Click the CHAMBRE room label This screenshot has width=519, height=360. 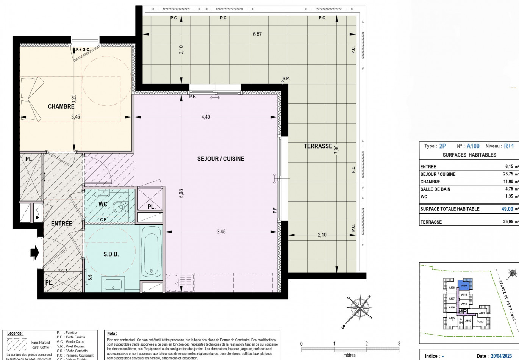click(x=61, y=106)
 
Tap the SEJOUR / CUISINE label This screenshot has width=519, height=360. click(x=220, y=159)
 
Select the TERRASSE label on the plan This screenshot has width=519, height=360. click(x=318, y=146)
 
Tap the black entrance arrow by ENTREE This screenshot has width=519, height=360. click(x=34, y=252)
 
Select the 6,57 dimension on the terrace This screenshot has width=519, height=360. click(x=257, y=34)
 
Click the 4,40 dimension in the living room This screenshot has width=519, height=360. click(x=205, y=117)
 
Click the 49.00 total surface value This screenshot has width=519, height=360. click(x=507, y=209)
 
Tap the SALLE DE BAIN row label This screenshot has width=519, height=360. click(x=435, y=189)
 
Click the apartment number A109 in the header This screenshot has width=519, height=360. click(x=473, y=146)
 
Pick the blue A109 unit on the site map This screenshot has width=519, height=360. click(x=464, y=285)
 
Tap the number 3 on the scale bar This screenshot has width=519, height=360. click(x=399, y=344)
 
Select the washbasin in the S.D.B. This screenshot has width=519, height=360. click(x=113, y=284)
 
